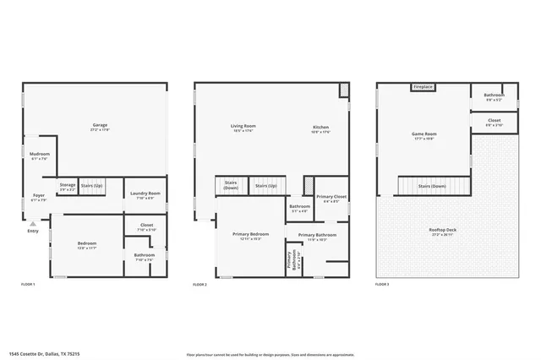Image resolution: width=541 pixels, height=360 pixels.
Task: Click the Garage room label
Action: pyautogui.click(x=100, y=126)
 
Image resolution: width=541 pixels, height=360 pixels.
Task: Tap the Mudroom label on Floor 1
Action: pyautogui.click(x=40, y=154)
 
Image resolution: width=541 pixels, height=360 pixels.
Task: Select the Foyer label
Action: pyautogui.click(x=39, y=195)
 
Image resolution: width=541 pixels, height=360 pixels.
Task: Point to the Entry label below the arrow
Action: pyautogui.click(x=33, y=231)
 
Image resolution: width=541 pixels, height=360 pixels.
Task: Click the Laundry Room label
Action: pyautogui.click(x=145, y=194)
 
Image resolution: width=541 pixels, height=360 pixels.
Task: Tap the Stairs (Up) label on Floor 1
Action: pyautogui.click(x=91, y=184)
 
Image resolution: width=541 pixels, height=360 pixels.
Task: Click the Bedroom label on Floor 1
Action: pyautogui.click(x=87, y=243)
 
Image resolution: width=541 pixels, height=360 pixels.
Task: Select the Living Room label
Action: pyautogui.click(x=243, y=127)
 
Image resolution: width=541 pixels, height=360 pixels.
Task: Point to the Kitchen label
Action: pyautogui.click(x=320, y=127)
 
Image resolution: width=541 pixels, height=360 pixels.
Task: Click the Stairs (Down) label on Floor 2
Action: pyautogui.click(x=231, y=184)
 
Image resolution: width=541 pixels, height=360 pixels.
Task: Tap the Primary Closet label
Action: pyautogui.click(x=331, y=197)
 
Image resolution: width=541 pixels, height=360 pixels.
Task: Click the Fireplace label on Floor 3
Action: pyautogui.click(x=424, y=86)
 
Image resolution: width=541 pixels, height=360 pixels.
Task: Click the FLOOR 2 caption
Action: pyautogui.click(x=201, y=284)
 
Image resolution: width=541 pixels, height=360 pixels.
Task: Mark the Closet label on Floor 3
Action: pyautogui.click(x=495, y=121)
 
